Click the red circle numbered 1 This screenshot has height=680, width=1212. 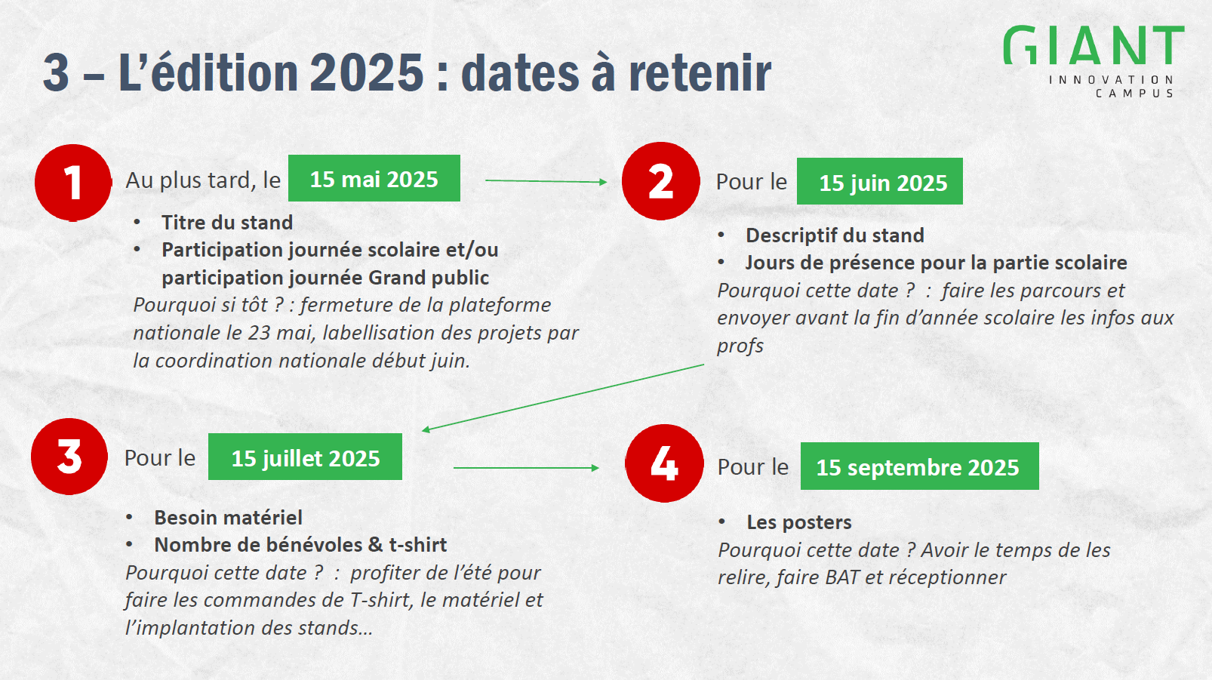click(x=73, y=183)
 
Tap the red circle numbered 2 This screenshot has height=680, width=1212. click(x=660, y=181)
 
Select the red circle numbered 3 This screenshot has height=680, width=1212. click(x=69, y=457)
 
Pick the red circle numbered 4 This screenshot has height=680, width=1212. click(x=664, y=463)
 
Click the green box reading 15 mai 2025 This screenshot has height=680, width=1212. click(x=374, y=179)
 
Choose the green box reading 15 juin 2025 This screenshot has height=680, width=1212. click(x=880, y=181)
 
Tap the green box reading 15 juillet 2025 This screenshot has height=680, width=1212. click(x=305, y=457)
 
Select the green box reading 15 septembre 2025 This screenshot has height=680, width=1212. click(x=919, y=466)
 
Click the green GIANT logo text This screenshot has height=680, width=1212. click(x=1094, y=45)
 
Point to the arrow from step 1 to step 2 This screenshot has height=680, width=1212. click(x=546, y=181)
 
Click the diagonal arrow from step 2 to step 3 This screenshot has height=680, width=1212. click(x=563, y=398)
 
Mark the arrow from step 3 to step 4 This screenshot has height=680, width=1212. click(x=527, y=467)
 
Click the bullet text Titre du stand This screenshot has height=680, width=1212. click(x=226, y=223)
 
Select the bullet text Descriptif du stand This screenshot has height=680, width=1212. click(x=835, y=235)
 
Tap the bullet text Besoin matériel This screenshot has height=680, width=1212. click(x=229, y=518)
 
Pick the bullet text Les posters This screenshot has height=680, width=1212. click(x=799, y=522)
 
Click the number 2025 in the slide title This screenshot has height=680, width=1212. click(x=367, y=73)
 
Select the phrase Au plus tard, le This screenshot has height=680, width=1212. click(x=203, y=180)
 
